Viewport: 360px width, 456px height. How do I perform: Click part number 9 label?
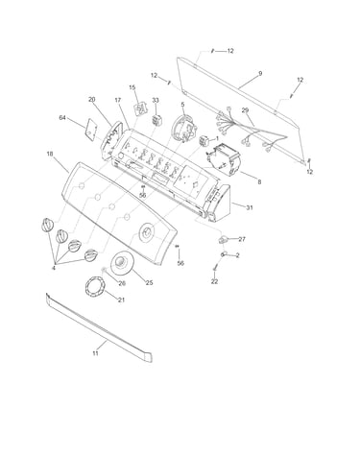coord(260,74)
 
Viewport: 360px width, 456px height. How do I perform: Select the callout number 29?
coord(245,110)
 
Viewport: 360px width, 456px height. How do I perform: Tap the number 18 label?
coord(50,154)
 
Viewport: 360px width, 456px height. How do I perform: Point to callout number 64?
coord(62,118)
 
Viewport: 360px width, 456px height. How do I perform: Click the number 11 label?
coord(95,353)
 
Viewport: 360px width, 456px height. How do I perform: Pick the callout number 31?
coord(250,207)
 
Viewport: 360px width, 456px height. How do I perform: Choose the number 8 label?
coord(259,182)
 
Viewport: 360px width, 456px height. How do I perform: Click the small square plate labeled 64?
coord(91,129)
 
